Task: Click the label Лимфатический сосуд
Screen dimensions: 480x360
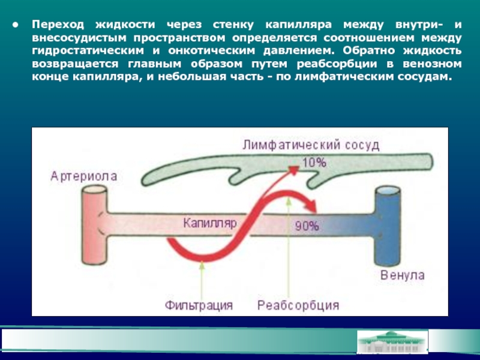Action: point(311,145)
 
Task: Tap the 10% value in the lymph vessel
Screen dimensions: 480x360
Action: point(314,162)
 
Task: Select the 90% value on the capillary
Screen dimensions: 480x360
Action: point(307,226)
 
